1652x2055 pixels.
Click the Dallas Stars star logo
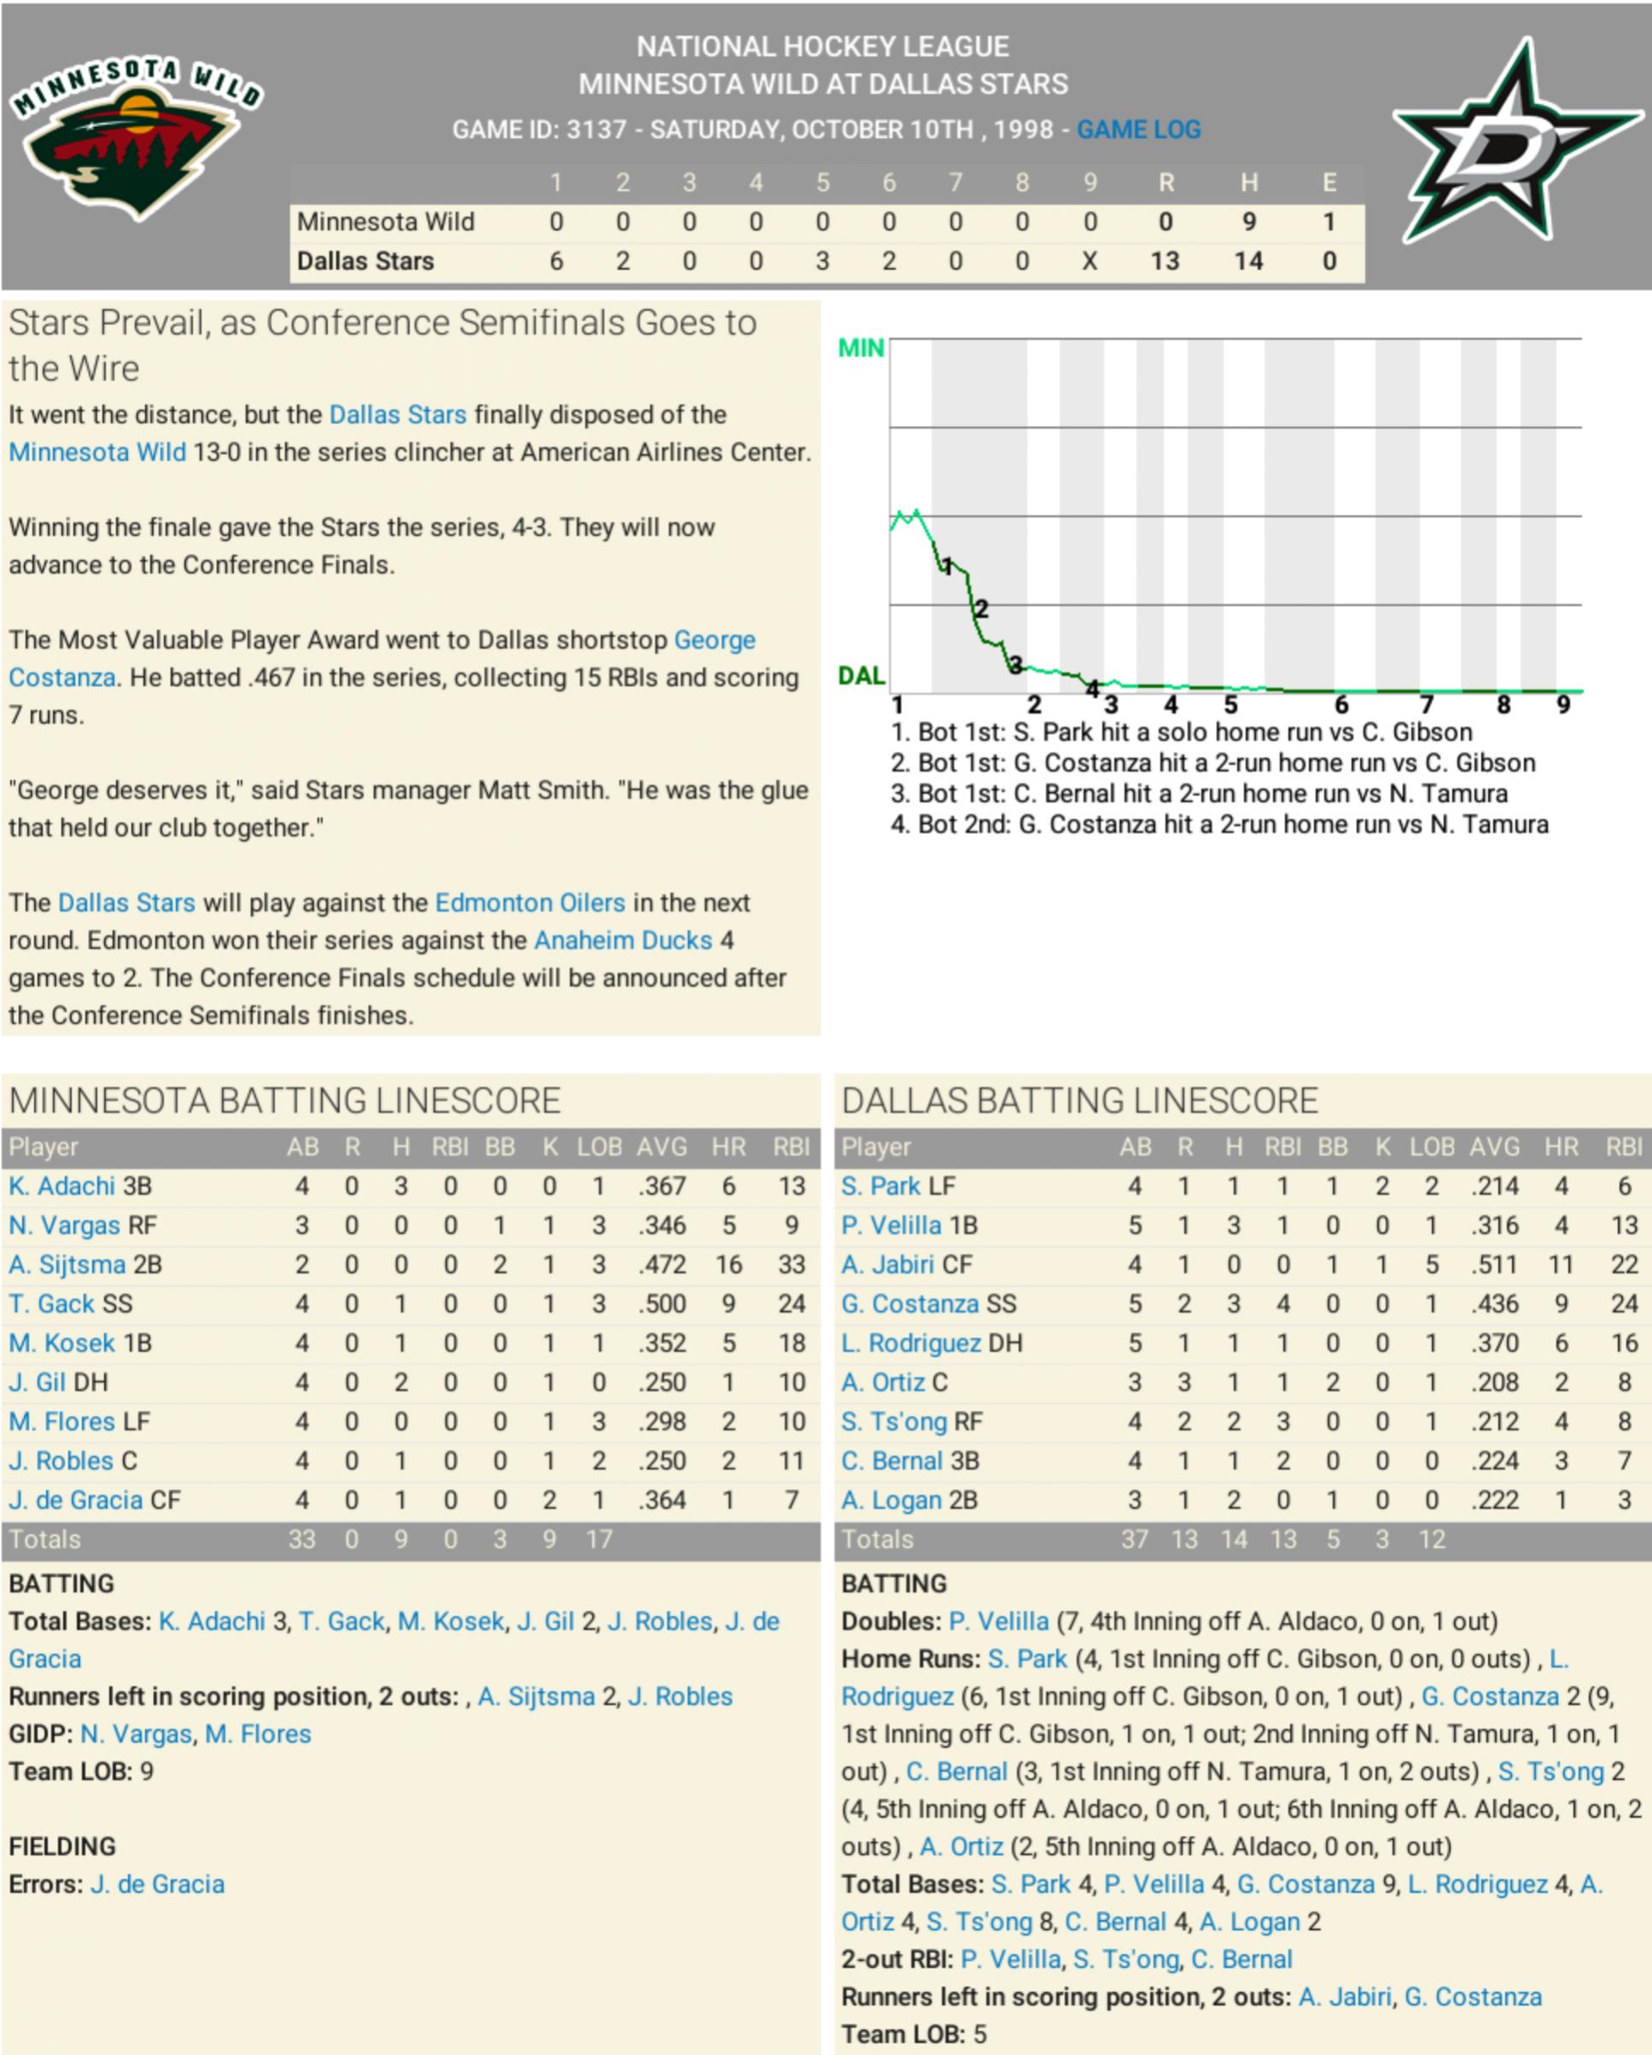1515,143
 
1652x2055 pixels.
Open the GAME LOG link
1138,130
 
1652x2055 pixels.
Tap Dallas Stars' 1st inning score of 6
556,261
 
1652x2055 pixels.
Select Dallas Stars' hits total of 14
1248,261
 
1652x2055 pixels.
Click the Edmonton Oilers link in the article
530,902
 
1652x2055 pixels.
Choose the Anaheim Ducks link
622,940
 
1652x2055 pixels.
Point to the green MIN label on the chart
860,349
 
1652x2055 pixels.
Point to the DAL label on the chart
860,676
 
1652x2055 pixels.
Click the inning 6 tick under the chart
1340,705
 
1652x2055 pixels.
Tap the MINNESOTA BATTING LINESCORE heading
284,1100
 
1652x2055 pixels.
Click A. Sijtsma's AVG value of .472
662,1264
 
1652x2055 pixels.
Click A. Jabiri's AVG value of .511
1494,1264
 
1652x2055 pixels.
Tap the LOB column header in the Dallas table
1431,1147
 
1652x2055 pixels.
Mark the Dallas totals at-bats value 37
1134,1539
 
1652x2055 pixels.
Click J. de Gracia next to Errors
157,1884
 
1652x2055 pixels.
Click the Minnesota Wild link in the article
97,452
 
